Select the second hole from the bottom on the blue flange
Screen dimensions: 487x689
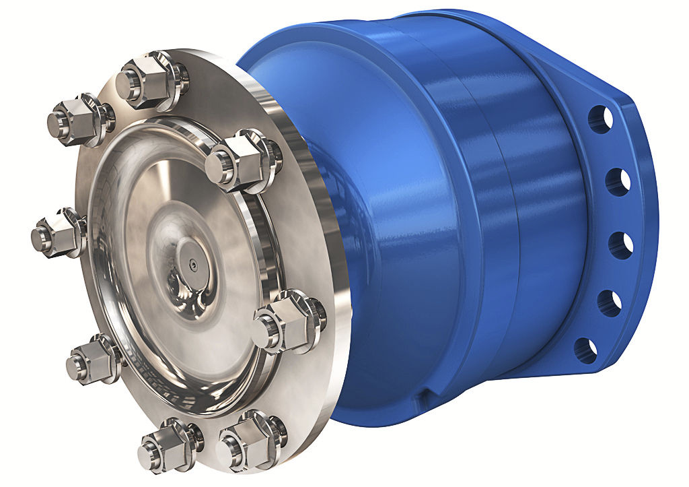(x=609, y=303)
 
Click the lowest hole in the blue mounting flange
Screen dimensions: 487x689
(x=585, y=350)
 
